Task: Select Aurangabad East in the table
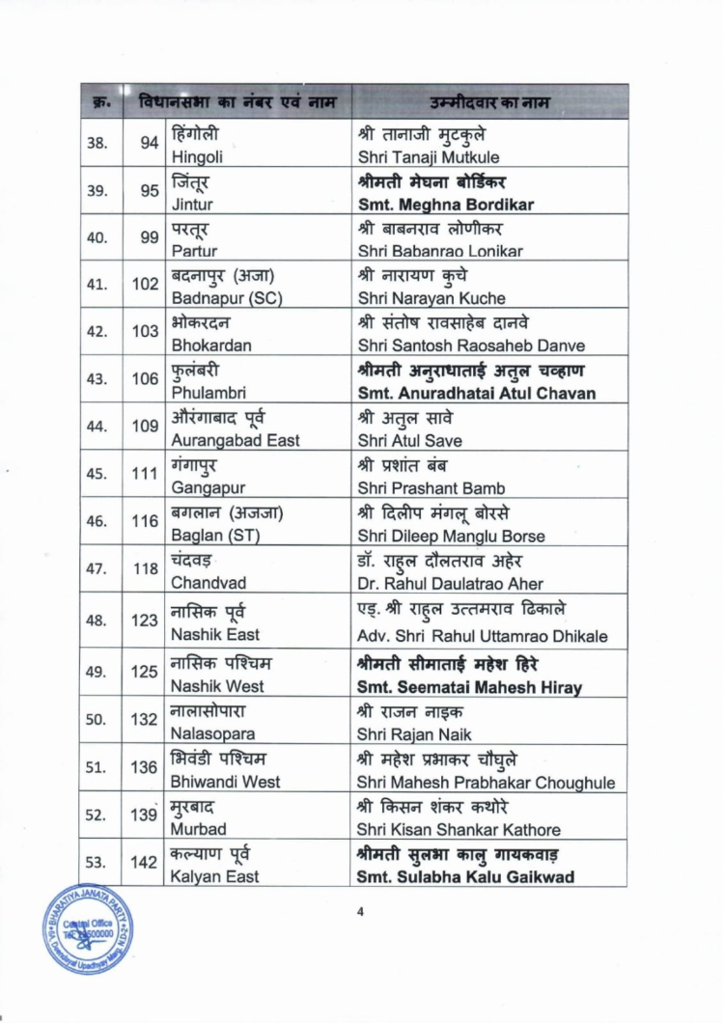[x=235, y=441]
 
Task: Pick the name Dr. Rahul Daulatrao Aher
[x=450, y=583]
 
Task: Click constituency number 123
[x=145, y=621]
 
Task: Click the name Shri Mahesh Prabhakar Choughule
[x=486, y=782]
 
